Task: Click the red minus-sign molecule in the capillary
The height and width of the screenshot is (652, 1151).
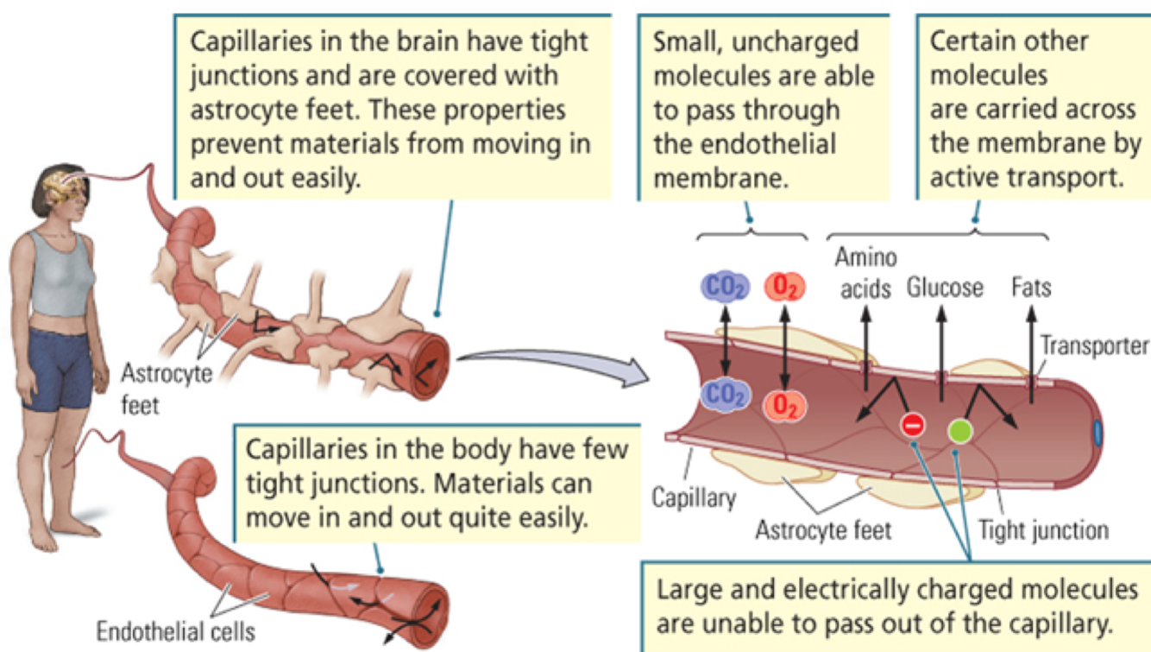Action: (x=913, y=424)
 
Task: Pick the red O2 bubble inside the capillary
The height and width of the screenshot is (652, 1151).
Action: (x=783, y=402)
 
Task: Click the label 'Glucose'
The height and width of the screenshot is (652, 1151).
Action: (x=945, y=287)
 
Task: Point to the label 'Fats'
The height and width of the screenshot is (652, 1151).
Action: (x=1032, y=286)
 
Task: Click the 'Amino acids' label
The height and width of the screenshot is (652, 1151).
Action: (x=865, y=273)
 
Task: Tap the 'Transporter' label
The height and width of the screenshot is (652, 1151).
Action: (x=1094, y=345)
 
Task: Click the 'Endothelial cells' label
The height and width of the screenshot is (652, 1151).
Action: (x=175, y=631)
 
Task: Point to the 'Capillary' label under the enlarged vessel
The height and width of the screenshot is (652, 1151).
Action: (x=694, y=497)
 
